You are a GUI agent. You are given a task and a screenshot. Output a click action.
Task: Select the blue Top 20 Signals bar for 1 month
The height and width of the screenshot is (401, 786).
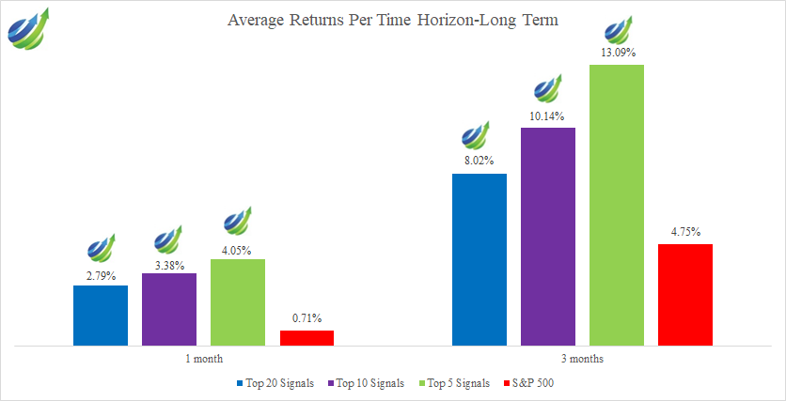pyautogui.click(x=101, y=316)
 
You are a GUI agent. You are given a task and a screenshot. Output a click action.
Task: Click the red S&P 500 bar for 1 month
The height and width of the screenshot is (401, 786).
pyautogui.click(x=307, y=337)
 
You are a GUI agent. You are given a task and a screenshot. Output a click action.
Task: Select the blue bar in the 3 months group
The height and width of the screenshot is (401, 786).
pyautogui.click(x=479, y=259)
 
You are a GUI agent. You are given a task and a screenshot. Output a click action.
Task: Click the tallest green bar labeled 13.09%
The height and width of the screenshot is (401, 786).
pyautogui.click(x=617, y=205)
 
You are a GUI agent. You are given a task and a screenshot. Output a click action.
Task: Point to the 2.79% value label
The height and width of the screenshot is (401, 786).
pyautogui.click(x=101, y=276)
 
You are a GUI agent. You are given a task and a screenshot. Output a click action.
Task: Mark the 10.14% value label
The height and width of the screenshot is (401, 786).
pyautogui.click(x=548, y=118)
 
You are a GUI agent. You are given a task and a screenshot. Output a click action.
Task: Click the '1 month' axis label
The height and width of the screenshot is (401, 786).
pyautogui.click(x=204, y=360)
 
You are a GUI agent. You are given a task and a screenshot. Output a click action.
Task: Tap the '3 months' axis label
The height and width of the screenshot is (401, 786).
pyautogui.click(x=583, y=360)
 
